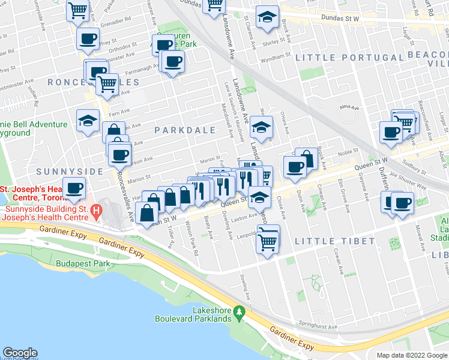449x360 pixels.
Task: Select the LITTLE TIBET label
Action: pos(335,241)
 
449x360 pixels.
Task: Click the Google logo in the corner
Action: pos(20,353)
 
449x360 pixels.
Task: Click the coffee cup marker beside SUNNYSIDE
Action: pos(74,188)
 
